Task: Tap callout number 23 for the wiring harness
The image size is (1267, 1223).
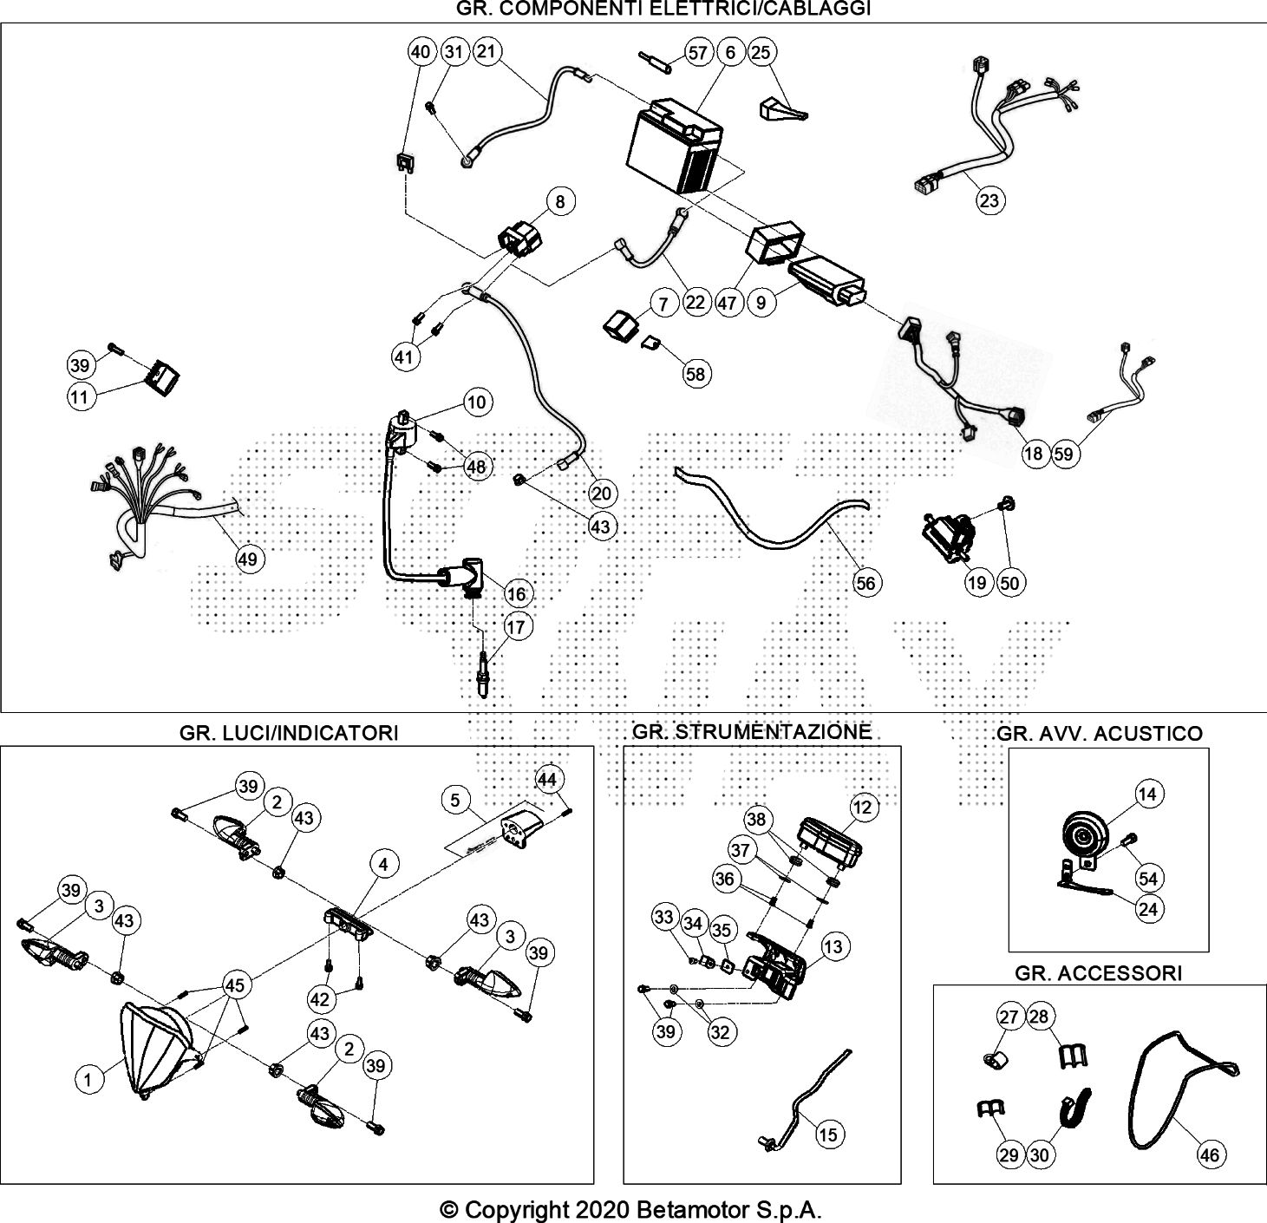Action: click(x=989, y=200)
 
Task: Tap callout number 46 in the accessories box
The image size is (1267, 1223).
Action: click(x=1209, y=1154)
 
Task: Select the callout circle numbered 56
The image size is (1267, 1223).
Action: click(x=865, y=583)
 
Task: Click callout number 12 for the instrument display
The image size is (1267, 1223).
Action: click(x=863, y=808)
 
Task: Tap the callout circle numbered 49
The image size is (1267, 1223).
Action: click(x=248, y=559)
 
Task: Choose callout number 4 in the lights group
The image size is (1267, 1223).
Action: click(x=383, y=863)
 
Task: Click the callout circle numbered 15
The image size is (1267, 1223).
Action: click(x=828, y=1134)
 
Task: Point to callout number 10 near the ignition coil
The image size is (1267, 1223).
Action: click(x=477, y=402)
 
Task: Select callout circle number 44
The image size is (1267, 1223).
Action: click(x=546, y=780)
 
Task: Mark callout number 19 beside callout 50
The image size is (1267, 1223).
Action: click(x=977, y=583)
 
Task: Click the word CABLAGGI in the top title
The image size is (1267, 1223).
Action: click(x=826, y=9)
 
